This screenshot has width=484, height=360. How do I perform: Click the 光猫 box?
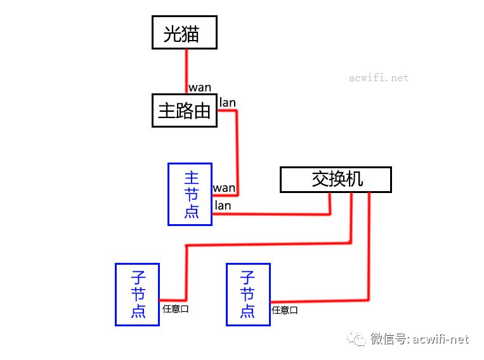(x=185, y=33)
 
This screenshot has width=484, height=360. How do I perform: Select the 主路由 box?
(x=185, y=110)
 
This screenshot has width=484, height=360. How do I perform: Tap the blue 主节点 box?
(x=190, y=194)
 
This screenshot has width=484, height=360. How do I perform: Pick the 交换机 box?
(x=336, y=180)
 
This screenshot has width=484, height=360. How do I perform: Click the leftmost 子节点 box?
(x=137, y=294)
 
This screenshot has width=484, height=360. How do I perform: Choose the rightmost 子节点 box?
(x=248, y=294)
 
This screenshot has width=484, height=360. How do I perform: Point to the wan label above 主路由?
(x=200, y=88)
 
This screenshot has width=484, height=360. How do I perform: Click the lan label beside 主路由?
(x=227, y=102)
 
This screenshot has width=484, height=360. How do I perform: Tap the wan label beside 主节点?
(x=224, y=188)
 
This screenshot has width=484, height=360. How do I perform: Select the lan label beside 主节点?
(x=223, y=205)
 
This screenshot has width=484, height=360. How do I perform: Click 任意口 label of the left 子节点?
(x=176, y=309)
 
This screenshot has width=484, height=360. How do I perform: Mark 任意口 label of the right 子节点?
(x=285, y=310)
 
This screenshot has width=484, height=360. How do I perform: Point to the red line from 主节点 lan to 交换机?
(x=273, y=214)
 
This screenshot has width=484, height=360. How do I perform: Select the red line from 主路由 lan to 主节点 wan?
(x=237, y=146)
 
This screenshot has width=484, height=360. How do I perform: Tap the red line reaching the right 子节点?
(x=369, y=254)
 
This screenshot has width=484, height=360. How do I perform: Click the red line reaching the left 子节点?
(x=266, y=243)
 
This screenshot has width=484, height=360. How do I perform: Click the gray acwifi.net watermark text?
(x=379, y=78)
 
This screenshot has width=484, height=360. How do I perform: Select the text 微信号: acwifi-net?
(x=420, y=339)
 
